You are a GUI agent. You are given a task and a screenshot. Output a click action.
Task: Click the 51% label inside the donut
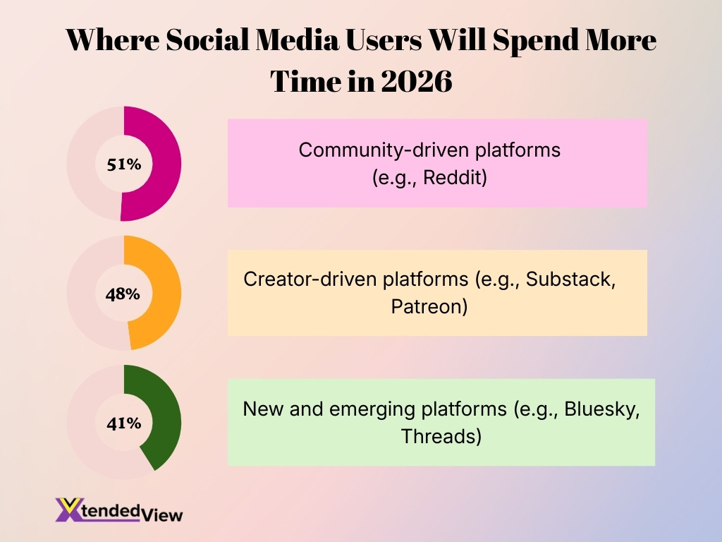coord(124,164)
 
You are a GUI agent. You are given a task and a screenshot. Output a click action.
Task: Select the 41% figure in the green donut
coord(124,423)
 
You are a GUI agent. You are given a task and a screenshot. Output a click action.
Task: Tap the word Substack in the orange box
coord(572,279)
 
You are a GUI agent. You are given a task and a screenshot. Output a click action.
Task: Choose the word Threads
coord(437,437)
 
